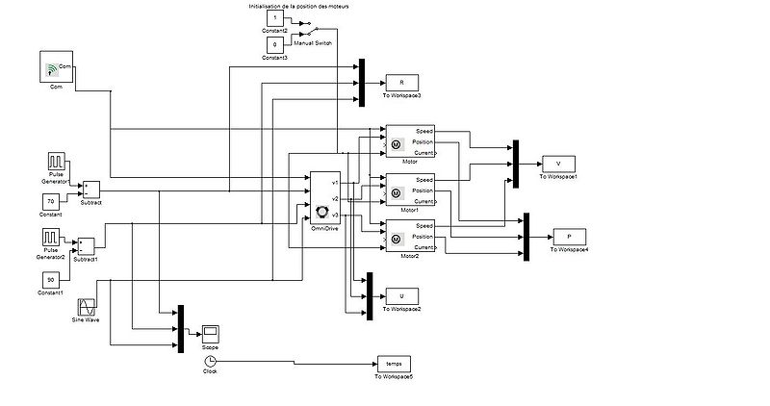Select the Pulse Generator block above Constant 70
click(54, 160)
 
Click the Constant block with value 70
click(54, 200)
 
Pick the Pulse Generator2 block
click(53, 238)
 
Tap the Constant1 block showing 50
click(53, 279)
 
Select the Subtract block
click(91, 188)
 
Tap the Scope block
click(210, 333)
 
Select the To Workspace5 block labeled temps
click(393, 363)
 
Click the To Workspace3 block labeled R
click(401, 83)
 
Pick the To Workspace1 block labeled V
click(558, 164)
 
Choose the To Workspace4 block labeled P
click(569, 237)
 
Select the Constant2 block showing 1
click(275, 18)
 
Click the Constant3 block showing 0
click(275, 45)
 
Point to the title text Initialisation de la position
click(301, 5)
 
